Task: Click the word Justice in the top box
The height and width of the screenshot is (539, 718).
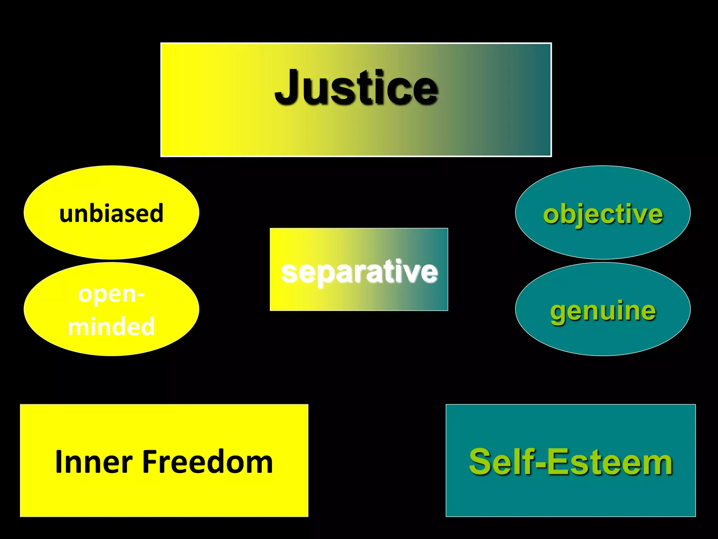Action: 356,88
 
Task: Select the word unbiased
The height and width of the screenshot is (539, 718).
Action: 111,213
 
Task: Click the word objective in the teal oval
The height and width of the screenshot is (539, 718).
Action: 603,214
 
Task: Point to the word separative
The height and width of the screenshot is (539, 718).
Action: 359,272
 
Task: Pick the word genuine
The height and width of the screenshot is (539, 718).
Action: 603,311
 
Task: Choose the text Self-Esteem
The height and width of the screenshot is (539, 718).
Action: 571,462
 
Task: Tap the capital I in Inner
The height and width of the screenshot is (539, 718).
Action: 59,462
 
